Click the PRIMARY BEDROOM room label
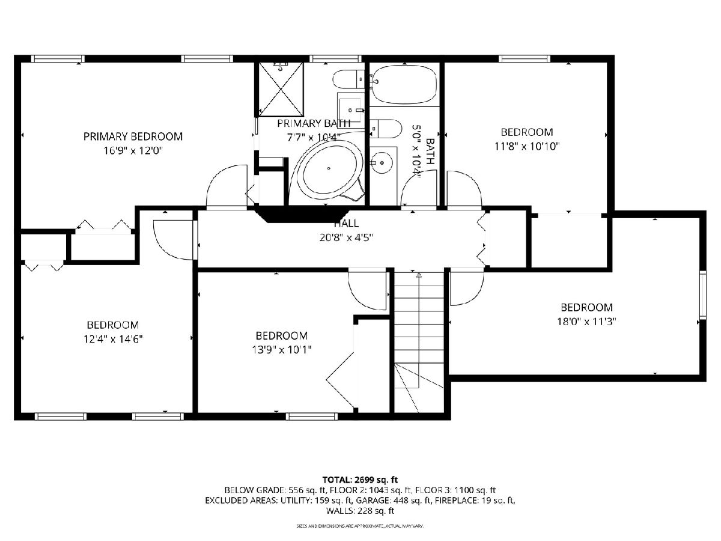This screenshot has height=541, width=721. [133, 136]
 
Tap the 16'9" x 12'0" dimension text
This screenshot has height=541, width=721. [133, 151]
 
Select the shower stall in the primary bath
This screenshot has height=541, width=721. [281, 89]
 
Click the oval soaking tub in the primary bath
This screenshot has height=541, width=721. [329, 168]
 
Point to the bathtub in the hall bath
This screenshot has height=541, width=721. [405, 84]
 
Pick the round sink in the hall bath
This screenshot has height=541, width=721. [382, 162]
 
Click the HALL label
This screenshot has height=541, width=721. [347, 224]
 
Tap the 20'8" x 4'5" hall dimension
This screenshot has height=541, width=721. [346, 237]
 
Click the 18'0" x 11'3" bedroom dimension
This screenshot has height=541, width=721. [586, 321]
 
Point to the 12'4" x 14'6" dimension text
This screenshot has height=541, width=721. [113, 338]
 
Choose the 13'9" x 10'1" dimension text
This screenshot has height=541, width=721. [282, 350]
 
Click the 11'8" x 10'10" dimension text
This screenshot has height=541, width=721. [527, 146]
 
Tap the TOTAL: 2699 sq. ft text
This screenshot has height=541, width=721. [360, 480]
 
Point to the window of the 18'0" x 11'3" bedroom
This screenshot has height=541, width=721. [702, 295]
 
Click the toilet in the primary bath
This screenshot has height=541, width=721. [349, 79]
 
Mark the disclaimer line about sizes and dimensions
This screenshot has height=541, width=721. [360, 526]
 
